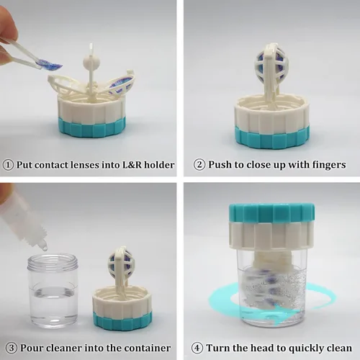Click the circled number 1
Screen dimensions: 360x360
(8, 165)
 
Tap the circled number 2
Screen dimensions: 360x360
(199, 165)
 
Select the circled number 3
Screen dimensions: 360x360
(11, 348)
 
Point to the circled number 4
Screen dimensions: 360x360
(197, 348)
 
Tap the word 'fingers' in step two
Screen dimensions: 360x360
(329, 165)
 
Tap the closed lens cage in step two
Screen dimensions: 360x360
(269, 62)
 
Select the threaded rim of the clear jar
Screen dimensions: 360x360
(53, 264)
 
